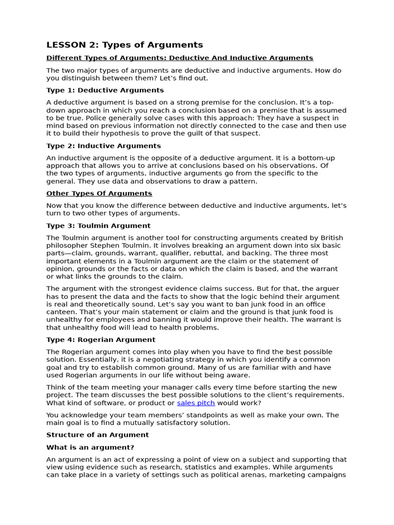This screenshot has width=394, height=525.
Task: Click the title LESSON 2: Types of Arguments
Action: click(125, 45)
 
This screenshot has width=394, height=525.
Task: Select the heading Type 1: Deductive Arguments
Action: click(105, 90)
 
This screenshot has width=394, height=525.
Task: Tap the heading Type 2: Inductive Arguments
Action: click(104, 146)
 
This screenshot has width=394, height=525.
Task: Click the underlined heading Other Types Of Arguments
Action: click(99, 193)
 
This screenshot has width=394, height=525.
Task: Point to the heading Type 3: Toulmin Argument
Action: click(98, 226)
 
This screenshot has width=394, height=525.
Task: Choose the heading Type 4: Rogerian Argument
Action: click(101, 339)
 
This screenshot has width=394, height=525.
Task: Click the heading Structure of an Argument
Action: click(97, 435)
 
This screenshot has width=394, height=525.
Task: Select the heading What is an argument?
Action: click(90, 447)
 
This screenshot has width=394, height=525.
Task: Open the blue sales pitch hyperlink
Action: click(196, 403)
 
